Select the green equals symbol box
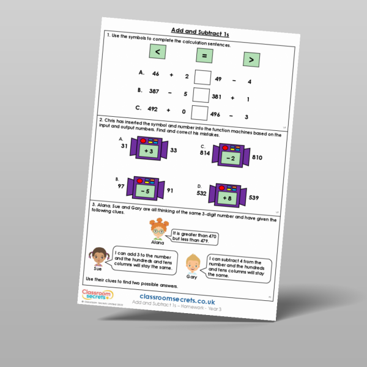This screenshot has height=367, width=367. pos(205,57)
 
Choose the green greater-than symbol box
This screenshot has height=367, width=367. pos(251,61)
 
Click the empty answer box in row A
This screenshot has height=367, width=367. pos(202,78)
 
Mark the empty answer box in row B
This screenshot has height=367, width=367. pos(201,95)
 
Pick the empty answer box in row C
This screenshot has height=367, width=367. pos(199,113)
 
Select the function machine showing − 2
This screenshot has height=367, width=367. pos(228,157)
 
